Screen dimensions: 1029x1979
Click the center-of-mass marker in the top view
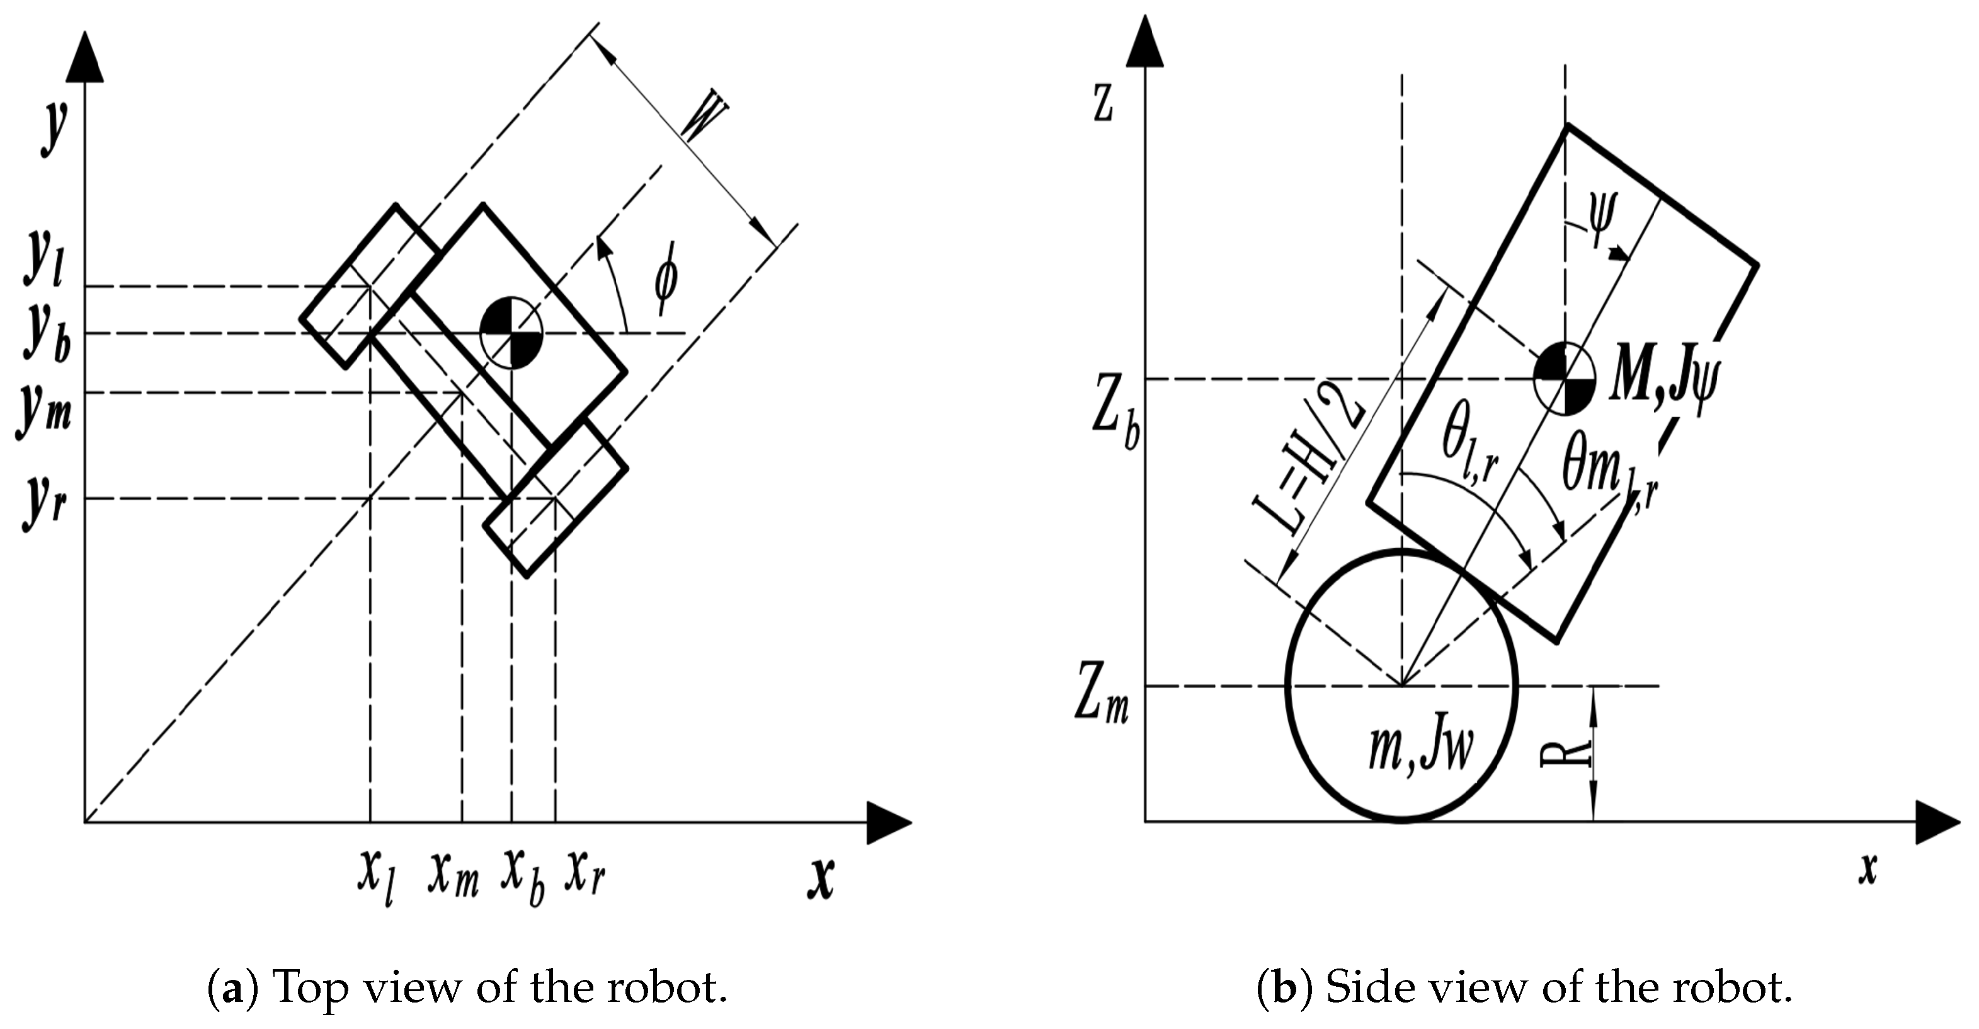(x=511, y=333)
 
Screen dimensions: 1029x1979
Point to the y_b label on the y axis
(x=45, y=333)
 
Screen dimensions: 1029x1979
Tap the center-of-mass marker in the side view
(x=1565, y=378)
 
